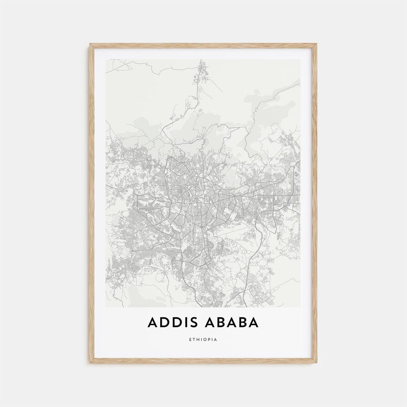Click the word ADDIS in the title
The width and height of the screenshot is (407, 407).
pyautogui.click(x=171, y=323)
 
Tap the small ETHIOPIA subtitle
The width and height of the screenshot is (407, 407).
pyautogui.click(x=203, y=340)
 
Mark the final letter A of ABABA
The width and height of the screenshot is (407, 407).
pyautogui.click(x=253, y=323)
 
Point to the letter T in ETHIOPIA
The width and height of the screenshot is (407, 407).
pyautogui.click(x=194, y=340)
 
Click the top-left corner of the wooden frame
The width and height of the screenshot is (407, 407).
pyautogui.click(x=90, y=44)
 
